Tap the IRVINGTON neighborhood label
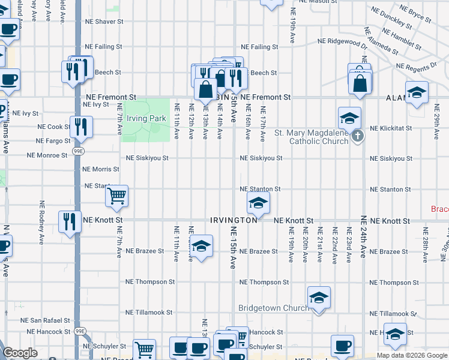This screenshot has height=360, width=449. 234,220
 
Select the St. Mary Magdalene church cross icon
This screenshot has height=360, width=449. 358,136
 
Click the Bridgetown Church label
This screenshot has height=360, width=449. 273,308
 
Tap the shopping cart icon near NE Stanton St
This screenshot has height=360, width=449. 116,195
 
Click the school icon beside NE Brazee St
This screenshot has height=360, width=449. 201,245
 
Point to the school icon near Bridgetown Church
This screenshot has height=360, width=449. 319,297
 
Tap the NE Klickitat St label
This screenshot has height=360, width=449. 390,128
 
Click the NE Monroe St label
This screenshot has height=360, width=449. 47,155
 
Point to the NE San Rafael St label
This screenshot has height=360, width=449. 46,321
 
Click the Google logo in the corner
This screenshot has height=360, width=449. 20,353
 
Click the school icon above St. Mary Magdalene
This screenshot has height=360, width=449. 349,117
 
